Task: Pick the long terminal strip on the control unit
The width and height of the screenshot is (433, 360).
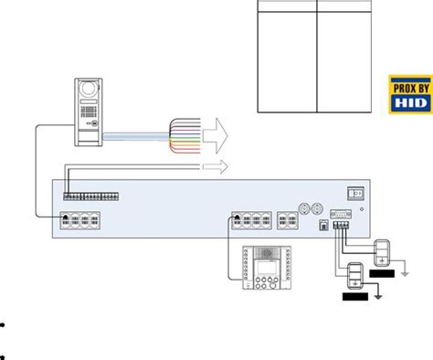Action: (x=90, y=196)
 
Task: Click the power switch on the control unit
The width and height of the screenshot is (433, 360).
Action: (x=354, y=193)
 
